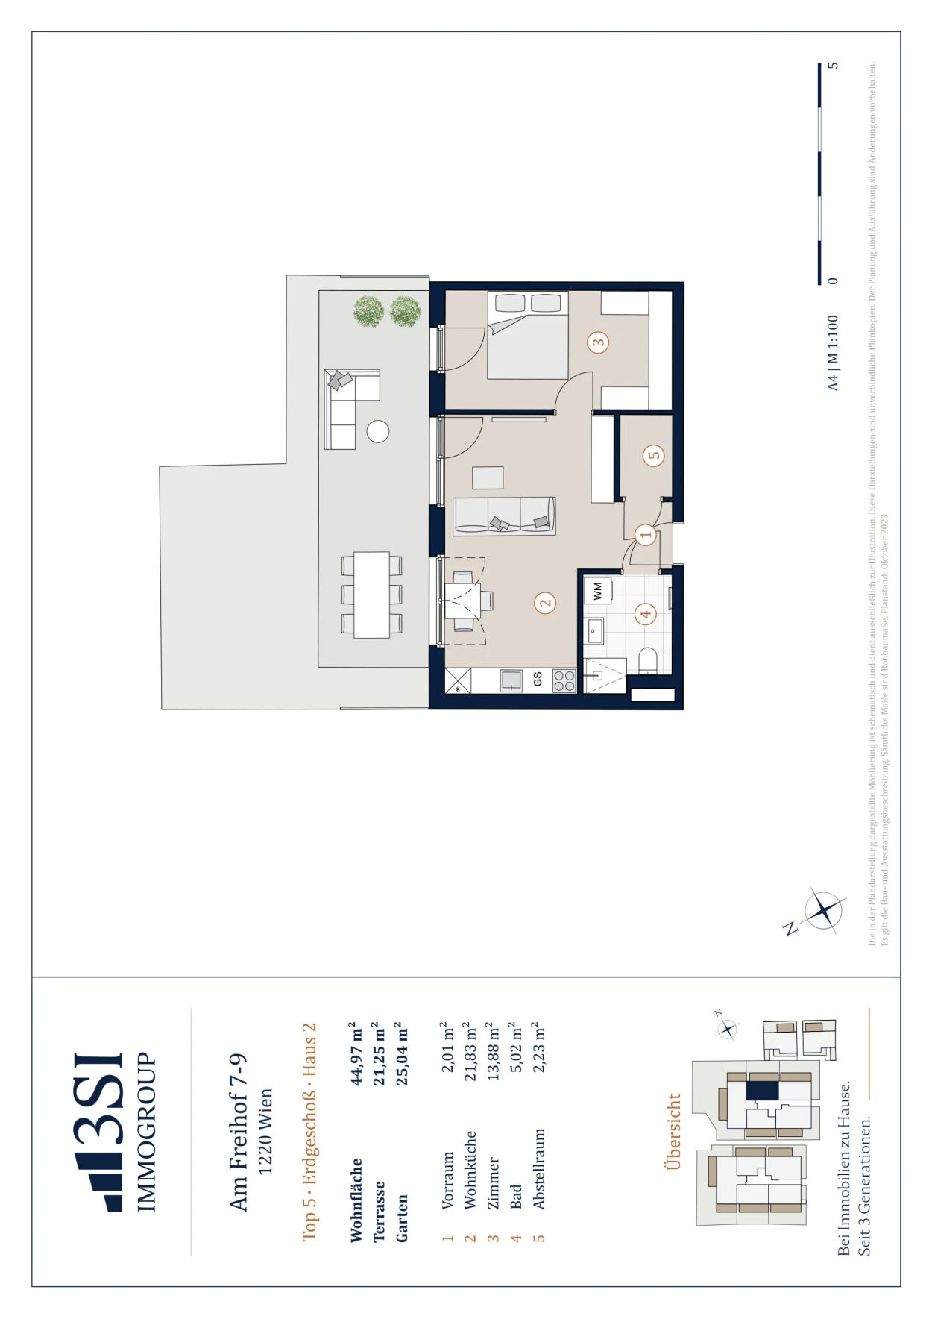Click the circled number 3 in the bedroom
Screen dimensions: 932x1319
point(598,343)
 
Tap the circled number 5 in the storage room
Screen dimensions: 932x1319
point(654,455)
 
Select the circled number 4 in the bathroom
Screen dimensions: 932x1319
point(646,614)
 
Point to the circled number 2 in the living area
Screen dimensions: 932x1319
point(546,604)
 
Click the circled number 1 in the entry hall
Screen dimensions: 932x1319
point(646,533)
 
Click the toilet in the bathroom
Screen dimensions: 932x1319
point(648,661)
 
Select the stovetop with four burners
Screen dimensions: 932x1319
point(564,680)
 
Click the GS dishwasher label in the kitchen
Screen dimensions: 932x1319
point(538,680)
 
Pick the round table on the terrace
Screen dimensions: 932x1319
point(378,432)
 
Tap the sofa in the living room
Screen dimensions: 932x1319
point(505,516)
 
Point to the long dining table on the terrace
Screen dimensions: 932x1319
point(371,595)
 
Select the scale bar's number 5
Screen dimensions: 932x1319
point(834,65)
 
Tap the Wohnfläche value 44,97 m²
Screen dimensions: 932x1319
point(356,1053)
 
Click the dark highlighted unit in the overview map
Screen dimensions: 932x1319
point(763,1090)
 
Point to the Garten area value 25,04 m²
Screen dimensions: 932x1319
point(402,1053)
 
